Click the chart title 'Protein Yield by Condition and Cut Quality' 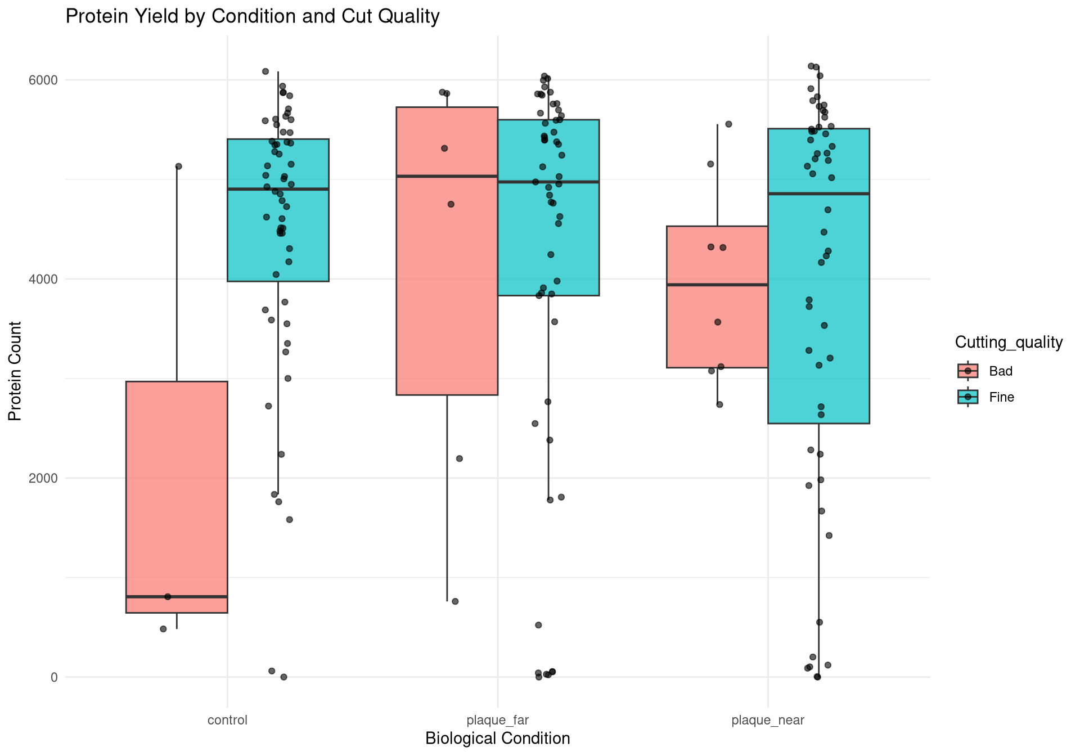pos(252,17)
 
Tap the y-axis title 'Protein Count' pos(15,371)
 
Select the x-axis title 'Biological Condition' pos(497,739)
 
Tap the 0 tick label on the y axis pos(54,677)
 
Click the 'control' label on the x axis pos(227,721)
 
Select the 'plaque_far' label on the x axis pos(497,721)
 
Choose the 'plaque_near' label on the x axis pos(768,721)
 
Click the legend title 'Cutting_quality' pos(1009,343)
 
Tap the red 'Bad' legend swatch pos(968,371)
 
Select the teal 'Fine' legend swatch pos(968,397)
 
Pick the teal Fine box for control pos(278,236)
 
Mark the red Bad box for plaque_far pos(447,281)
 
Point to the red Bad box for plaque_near pos(717,326)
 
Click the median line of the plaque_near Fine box pos(818,193)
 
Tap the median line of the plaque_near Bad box pos(717,285)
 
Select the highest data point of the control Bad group pos(179,166)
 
